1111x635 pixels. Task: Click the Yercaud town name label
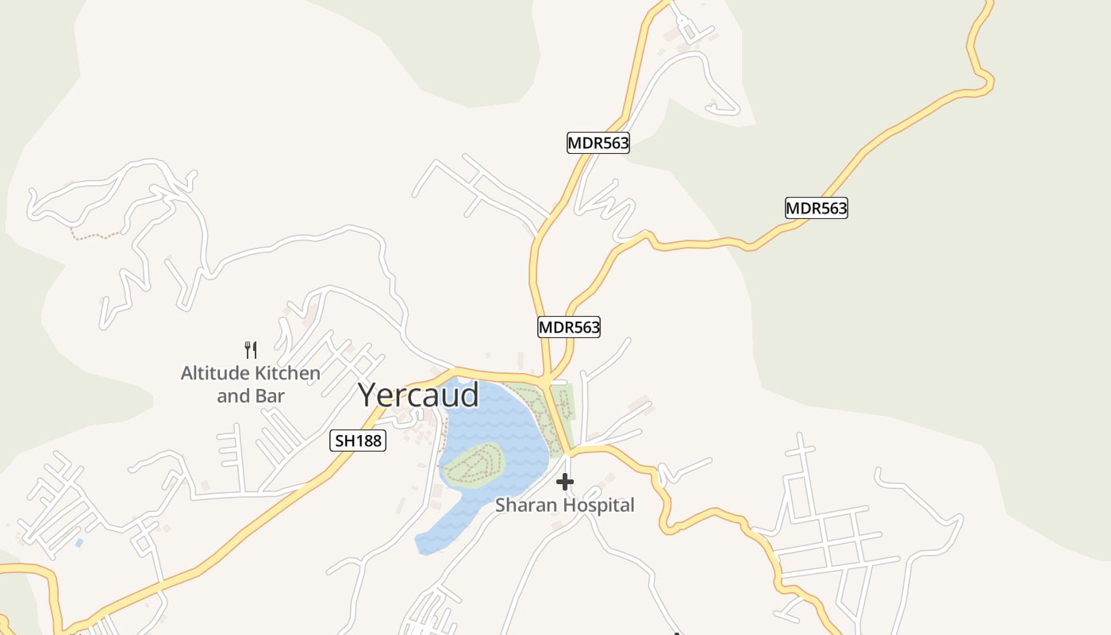418,394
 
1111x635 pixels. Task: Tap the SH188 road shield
358,441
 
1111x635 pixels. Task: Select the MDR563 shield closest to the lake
569,326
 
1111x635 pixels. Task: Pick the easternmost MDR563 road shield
817,208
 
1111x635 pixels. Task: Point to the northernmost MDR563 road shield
598,143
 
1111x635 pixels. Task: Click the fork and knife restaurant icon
251,349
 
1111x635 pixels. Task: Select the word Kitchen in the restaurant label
283,373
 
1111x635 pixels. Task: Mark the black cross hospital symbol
565,482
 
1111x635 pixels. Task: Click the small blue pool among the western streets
78,543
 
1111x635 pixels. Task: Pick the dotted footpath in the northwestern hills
95,236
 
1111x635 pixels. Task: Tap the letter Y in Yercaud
368,394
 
